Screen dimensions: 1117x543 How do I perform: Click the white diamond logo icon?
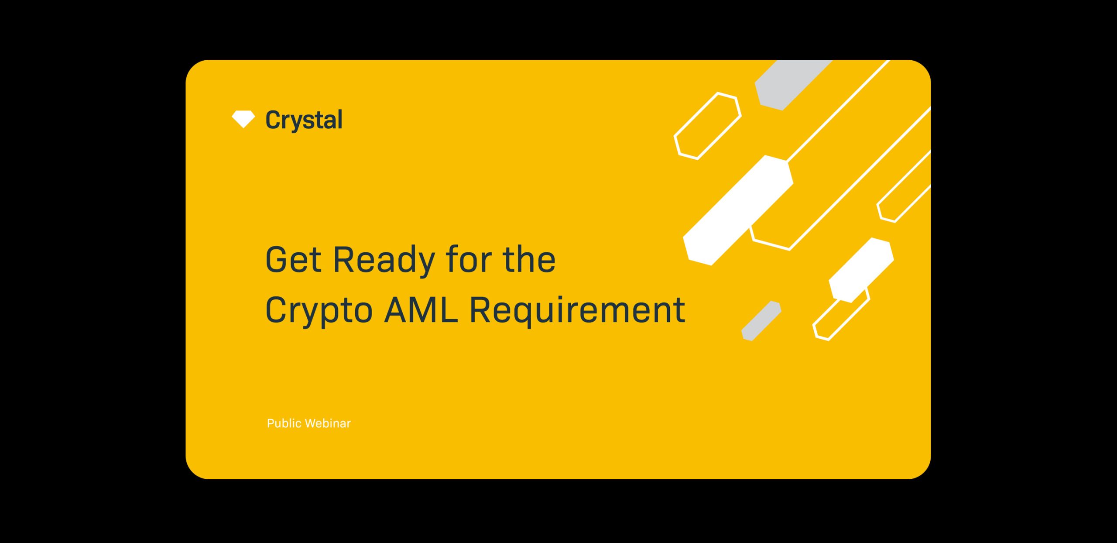click(x=243, y=119)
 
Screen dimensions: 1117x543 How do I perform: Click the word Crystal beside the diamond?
click(x=304, y=120)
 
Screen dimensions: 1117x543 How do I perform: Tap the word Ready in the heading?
click(x=384, y=261)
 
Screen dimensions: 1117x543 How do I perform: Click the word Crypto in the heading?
click(x=319, y=311)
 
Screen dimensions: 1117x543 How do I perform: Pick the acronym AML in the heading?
click(x=421, y=309)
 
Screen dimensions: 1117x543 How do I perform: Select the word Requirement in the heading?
click(x=577, y=311)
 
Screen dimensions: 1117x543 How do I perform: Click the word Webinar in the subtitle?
click(x=328, y=423)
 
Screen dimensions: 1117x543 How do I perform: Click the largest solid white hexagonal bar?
click(x=738, y=210)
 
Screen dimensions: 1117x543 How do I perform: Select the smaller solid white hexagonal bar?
click(x=861, y=270)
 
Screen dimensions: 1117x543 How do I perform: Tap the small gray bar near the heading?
click(x=761, y=321)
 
